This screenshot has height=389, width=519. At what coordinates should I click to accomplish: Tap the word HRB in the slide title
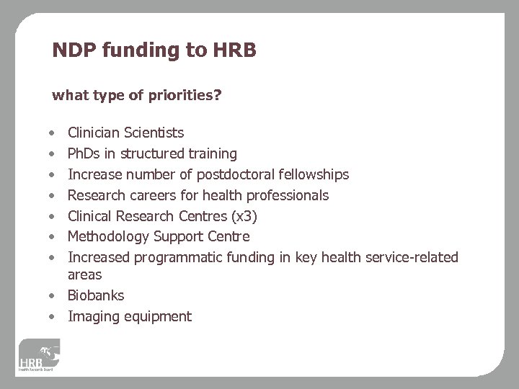[x=234, y=50]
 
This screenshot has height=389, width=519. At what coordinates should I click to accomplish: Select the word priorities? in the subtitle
[x=184, y=95]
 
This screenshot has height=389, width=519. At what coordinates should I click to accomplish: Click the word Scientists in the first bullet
[x=154, y=133]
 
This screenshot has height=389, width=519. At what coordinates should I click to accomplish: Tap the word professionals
[x=287, y=195]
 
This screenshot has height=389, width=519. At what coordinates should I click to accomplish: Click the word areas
[x=84, y=274]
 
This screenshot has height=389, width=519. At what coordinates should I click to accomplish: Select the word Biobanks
[x=96, y=295]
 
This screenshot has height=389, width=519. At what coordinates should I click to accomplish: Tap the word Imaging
[x=91, y=316]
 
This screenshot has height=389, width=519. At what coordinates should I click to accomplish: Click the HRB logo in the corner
[x=40, y=355]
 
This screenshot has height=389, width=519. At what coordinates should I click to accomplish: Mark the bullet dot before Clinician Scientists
[x=53, y=134]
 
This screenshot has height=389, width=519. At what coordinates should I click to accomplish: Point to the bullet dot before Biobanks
[x=53, y=296]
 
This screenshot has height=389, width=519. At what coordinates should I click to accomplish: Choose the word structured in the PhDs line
[x=151, y=153]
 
